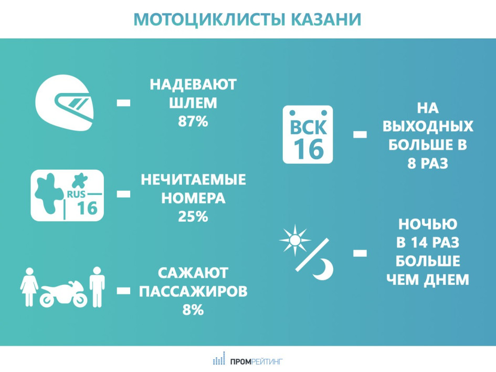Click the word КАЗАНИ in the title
click(x=326, y=19)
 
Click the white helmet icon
click(x=65, y=102)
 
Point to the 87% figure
click(x=193, y=121)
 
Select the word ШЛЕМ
click(x=193, y=103)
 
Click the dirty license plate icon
click(x=67, y=195)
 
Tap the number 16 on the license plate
click(x=87, y=208)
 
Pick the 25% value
click(x=193, y=216)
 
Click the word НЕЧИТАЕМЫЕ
click(x=193, y=180)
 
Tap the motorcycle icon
click(x=63, y=296)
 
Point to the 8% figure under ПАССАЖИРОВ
click(x=193, y=309)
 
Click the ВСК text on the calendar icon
click(x=308, y=127)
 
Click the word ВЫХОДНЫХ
click(x=428, y=126)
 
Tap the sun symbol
click(x=295, y=240)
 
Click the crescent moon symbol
click(x=323, y=269)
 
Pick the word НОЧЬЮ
click(x=428, y=224)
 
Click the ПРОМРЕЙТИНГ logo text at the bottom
click(x=256, y=361)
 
